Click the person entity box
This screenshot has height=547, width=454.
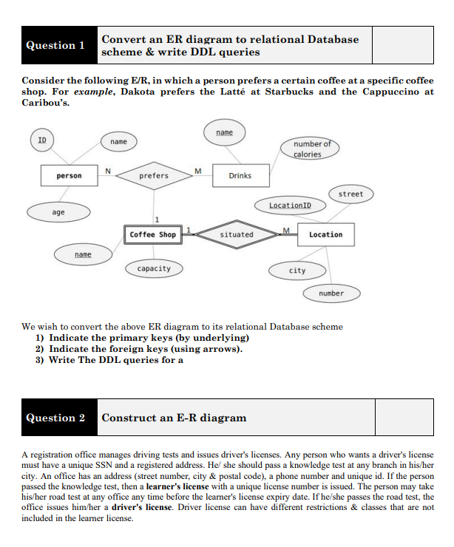tap(70, 176)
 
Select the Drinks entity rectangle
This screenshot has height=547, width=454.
tap(240, 176)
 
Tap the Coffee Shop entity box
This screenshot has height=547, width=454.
tap(152, 234)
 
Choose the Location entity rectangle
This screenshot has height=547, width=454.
tap(325, 234)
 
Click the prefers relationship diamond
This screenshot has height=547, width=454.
tap(154, 176)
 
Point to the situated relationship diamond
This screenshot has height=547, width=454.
tap(237, 234)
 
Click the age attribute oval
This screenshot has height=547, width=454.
tap(58, 212)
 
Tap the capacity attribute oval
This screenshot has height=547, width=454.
tap(154, 268)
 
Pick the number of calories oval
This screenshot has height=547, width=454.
tap(308, 149)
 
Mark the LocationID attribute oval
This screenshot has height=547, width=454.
tap(290, 204)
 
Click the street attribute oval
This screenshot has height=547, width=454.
tap(350, 194)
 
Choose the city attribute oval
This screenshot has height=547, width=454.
tap(297, 271)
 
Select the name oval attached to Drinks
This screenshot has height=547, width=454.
tap(224, 132)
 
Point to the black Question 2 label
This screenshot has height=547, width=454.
tap(56, 418)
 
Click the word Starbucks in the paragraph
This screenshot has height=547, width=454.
tap(286, 92)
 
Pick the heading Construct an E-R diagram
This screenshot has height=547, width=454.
tap(174, 418)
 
